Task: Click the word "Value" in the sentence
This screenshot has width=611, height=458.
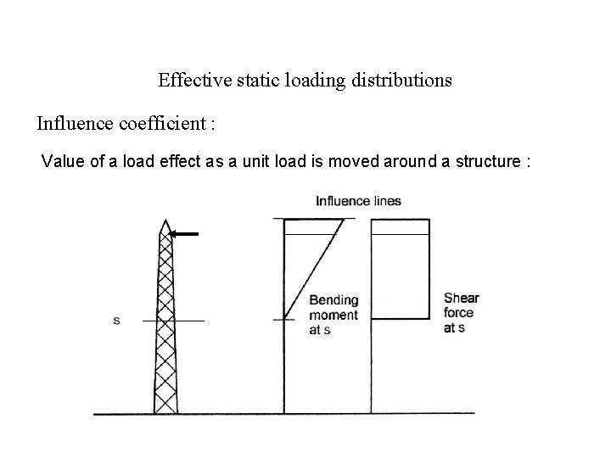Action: point(62,161)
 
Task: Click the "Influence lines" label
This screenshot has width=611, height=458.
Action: point(358,201)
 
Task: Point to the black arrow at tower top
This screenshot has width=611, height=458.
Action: point(184,233)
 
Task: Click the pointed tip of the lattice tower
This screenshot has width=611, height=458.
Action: point(165,221)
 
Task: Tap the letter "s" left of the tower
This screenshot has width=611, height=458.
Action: point(115,321)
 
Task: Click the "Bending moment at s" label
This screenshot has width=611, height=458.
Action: point(334,315)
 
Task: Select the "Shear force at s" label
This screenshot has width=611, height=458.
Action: point(461,312)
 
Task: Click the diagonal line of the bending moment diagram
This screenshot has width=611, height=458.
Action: point(314,268)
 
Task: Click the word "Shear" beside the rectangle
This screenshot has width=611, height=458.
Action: point(461,298)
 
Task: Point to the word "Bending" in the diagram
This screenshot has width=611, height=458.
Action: point(334,300)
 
